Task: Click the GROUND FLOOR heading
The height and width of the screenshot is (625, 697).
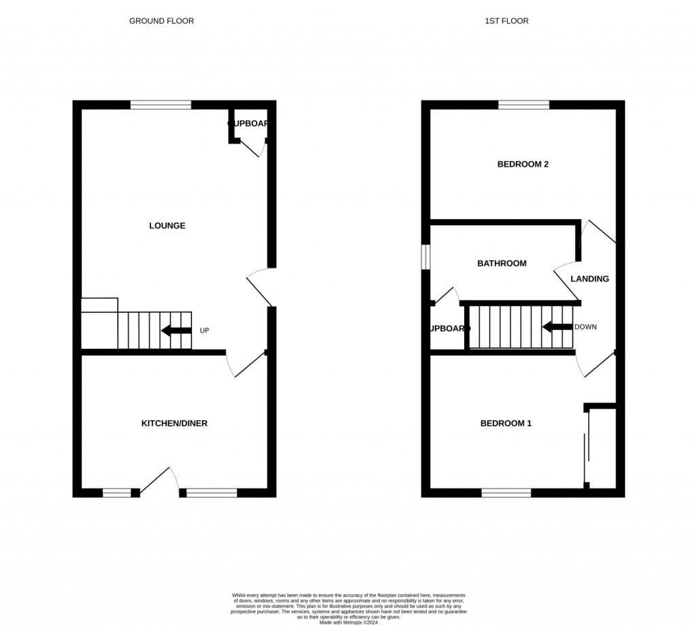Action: [161, 21]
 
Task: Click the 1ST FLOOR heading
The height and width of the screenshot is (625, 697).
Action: [506, 21]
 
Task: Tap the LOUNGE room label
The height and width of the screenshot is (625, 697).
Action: [167, 226]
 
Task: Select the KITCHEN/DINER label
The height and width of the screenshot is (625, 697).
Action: [174, 424]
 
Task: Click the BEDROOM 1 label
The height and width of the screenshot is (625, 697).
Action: [506, 424]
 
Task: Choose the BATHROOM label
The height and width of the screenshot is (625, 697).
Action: [502, 263]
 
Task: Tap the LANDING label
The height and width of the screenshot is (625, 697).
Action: [589, 279]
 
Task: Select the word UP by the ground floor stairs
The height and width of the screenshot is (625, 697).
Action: [204, 331]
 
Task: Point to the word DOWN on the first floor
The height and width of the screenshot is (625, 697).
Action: [585, 327]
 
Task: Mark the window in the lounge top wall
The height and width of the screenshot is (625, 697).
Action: [161, 105]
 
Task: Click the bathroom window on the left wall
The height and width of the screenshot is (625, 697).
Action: [425, 257]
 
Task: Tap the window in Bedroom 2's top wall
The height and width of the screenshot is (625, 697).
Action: [523, 105]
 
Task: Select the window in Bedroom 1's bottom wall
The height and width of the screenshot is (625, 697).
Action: [506, 492]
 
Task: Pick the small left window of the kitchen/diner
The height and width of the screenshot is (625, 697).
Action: [116, 492]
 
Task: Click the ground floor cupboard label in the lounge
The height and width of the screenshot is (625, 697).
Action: [248, 124]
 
